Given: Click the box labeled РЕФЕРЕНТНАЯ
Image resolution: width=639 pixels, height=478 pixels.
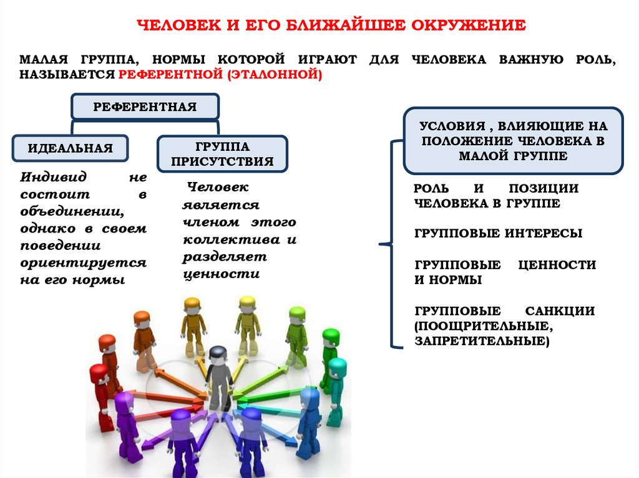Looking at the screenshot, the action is tap(145, 107).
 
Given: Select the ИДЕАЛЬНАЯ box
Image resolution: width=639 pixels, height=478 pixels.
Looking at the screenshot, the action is tap(70, 148).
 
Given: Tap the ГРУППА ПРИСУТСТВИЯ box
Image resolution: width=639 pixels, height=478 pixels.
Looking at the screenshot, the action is tap(222, 154).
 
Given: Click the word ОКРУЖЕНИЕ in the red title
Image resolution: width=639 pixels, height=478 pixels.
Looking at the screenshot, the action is tap(468, 26).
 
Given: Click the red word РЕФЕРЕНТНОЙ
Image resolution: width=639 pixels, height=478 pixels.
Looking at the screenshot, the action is tap(171, 75).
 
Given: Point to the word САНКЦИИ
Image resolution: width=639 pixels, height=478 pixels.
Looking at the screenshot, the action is tap(560, 311).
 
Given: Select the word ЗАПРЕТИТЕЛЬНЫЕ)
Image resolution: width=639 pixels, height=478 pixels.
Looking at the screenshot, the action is tap(482, 341).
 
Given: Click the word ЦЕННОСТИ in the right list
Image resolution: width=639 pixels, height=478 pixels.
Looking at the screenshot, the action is tap(557, 265).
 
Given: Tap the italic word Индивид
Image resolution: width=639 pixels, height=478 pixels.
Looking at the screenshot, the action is tap(54, 177).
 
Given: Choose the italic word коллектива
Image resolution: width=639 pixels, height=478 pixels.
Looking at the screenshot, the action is tap(232, 240).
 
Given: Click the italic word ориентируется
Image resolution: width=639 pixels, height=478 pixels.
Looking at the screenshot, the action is tap(83, 263).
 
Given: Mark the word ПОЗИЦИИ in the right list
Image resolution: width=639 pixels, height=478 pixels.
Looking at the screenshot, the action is tap(544, 188).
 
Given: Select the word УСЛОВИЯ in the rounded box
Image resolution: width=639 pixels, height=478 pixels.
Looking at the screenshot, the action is tap(452, 127).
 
